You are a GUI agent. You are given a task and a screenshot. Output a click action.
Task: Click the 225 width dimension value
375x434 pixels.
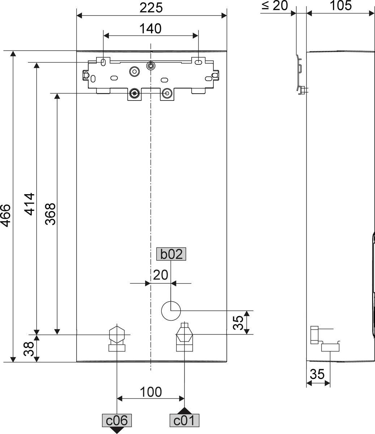point(151,8)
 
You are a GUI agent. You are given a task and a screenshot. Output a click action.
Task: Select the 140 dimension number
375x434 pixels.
point(150,29)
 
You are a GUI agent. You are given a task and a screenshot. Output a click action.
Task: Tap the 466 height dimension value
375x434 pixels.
point(6,216)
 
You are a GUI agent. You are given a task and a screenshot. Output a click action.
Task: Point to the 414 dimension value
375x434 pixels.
point(29,204)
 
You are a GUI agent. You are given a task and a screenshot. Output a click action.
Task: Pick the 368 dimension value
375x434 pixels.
point(50,214)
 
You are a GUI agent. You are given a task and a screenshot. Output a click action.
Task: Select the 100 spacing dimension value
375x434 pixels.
point(151,392)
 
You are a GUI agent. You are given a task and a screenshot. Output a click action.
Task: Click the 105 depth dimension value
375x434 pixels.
point(341,5)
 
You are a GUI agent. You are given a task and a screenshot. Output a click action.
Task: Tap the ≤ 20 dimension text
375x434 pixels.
point(275,6)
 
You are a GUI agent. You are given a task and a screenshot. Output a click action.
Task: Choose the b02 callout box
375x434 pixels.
point(171,254)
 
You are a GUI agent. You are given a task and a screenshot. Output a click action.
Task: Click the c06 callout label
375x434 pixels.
point(117,420)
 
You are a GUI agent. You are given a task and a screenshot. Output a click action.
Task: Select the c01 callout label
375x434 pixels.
point(184,420)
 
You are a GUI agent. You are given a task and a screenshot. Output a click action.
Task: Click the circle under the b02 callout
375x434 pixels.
point(171,311)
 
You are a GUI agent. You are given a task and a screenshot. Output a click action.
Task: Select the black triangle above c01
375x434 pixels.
point(184,411)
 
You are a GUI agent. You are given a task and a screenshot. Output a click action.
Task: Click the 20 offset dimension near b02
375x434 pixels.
point(161,275)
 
